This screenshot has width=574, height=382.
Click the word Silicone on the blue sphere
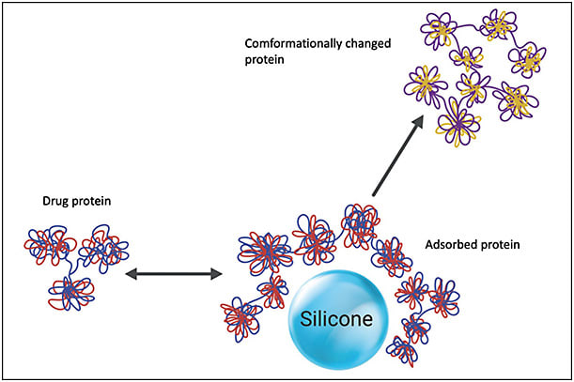[x=336, y=319]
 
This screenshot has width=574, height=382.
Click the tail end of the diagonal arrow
[x=374, y=195]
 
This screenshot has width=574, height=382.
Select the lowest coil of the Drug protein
[x=72, y=293]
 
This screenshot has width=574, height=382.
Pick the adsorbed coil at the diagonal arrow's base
[x=360, y=223]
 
